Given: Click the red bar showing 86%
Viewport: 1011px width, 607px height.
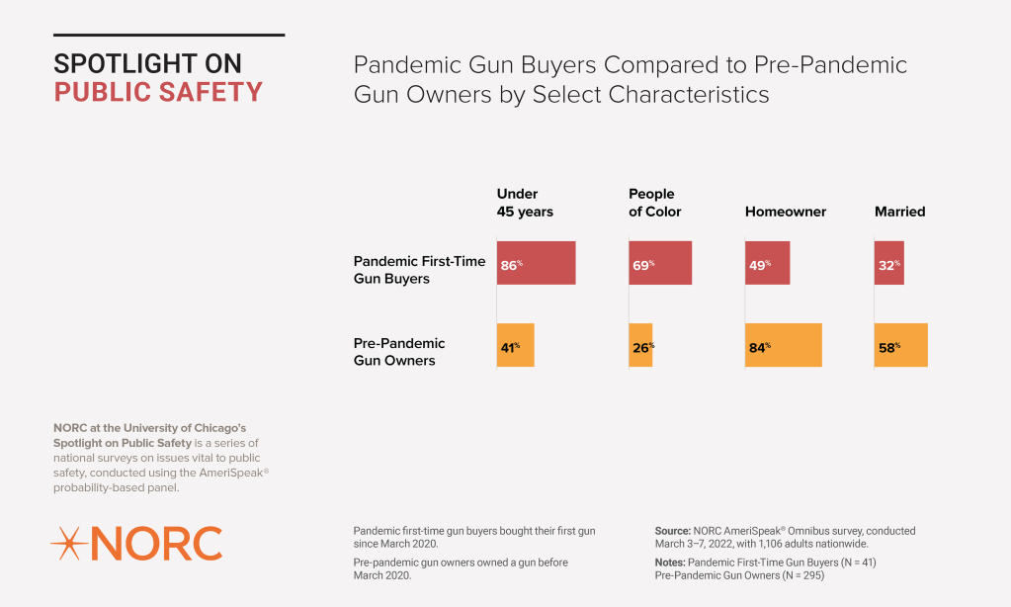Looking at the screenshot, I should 536,263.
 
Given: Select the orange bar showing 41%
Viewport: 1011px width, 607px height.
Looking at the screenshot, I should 515,346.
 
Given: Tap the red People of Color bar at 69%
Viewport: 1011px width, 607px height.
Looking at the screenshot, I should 660,263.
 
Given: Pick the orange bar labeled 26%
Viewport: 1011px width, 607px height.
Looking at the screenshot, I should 640,346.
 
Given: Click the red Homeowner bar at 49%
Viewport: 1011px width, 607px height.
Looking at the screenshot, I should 767,263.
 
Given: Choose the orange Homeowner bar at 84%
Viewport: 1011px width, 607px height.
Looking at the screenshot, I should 784,346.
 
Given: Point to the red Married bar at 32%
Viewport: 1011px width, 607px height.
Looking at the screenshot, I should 888,263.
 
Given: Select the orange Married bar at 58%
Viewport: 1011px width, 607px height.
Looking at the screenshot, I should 900,346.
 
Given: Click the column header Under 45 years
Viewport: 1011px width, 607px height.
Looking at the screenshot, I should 525,203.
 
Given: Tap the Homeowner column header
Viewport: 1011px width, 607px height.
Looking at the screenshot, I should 785,212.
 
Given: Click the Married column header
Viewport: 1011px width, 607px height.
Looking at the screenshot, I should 899,212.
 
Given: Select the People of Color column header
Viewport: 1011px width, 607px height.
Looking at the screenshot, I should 654,203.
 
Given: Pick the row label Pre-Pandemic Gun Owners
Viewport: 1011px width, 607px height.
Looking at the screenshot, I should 399,352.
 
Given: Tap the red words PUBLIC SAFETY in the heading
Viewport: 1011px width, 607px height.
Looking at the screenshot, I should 158,92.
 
